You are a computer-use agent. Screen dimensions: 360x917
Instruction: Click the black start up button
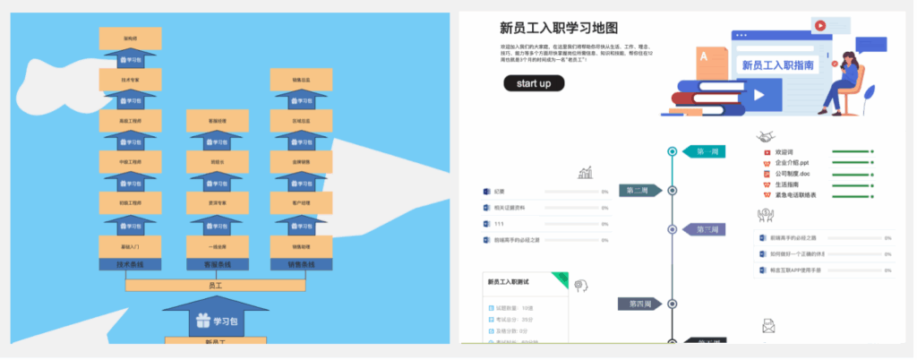534,83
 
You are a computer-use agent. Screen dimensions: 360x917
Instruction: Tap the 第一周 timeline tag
706,151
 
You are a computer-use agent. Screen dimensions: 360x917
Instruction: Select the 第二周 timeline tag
638,190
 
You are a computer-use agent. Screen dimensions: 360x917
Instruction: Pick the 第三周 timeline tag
706,229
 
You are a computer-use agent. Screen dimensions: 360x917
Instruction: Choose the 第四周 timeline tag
637,304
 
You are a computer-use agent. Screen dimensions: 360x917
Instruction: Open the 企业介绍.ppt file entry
792,163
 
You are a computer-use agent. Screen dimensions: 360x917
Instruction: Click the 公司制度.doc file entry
792,174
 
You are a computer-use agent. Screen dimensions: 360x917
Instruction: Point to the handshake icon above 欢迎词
766,137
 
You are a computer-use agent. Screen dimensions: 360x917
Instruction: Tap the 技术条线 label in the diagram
129,265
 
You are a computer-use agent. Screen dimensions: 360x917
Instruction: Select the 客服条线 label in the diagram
211,265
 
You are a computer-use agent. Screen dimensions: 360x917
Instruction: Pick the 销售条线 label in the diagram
295,265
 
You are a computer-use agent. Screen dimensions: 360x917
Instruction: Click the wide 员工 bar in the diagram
215,285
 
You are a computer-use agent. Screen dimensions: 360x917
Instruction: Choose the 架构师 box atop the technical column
130,39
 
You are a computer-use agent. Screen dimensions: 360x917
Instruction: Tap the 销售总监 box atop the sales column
296,81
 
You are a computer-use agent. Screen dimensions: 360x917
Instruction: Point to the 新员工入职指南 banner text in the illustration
777,64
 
